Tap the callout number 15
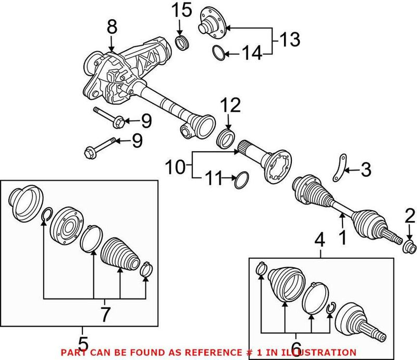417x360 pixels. click(x=179, y=10)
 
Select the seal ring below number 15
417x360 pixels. click(x=181, y=43)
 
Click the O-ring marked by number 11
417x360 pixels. click(x=240, y=180)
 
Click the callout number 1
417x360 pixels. click(x=342, y=238)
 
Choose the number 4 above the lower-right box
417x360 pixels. click(x=321, y=241)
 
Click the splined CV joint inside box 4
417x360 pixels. click(x=358, y=321)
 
